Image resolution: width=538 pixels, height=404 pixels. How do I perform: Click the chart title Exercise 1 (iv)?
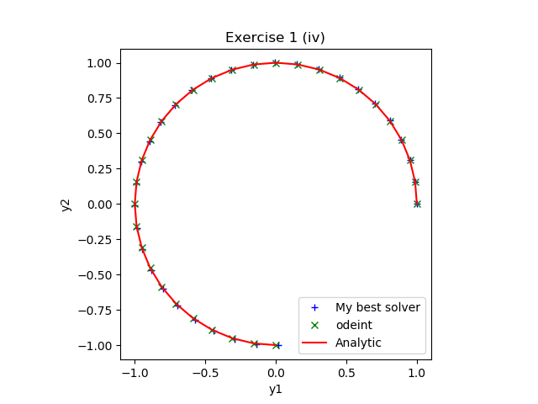point(275,38)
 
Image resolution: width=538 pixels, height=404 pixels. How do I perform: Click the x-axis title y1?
point(275,389)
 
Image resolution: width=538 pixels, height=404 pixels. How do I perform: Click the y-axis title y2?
point(66,205)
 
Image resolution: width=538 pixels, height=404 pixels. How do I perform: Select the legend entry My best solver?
point(377,307)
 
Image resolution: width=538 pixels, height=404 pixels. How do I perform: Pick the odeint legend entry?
point(355,325)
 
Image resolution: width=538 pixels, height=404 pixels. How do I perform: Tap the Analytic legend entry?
point(358,343)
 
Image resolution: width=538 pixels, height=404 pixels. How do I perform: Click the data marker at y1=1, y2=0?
point(417,204)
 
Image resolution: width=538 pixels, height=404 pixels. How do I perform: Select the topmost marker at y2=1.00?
point(276,63)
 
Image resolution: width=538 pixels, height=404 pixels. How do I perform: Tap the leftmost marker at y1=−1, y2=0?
point(134,204)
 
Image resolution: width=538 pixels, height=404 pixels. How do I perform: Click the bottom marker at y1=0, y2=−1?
point(276,345)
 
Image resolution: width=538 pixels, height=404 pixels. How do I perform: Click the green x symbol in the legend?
point(315,325)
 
